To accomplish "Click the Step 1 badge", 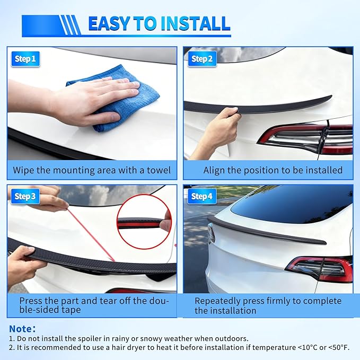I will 25,59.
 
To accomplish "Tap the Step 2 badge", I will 202,59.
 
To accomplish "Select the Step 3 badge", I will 25,197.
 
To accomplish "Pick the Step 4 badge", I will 202,197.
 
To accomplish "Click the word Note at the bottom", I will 22,329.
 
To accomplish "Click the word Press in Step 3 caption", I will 24,301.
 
